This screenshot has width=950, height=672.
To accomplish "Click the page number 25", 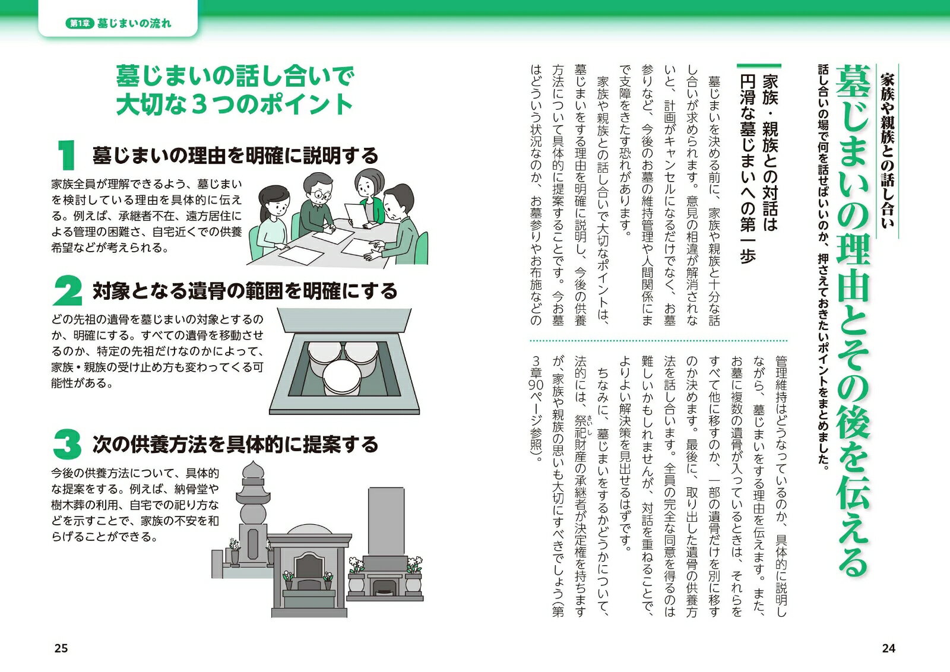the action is [x=61, y=648].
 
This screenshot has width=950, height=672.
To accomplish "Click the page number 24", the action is [x=888, y=648].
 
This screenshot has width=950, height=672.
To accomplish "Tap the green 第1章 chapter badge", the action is [x=80, y=23].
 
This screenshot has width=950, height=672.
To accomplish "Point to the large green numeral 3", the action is [x=68, y=444].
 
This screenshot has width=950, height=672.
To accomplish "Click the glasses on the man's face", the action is [x=321, y=195].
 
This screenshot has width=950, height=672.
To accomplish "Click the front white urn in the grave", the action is [x=342, y=378].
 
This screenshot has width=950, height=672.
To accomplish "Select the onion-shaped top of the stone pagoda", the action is [x=253, y=472].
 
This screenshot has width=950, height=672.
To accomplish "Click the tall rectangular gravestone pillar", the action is [x=386, y=521].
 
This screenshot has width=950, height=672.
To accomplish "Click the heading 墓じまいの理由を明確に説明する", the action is [x=235, y=156].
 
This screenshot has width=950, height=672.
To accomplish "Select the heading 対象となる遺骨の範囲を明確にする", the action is [x=245, y=291].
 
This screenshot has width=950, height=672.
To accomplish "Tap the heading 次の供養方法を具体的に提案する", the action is [x=235, y=444].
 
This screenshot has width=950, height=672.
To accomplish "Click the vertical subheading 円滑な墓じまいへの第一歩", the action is [x=748, y=170].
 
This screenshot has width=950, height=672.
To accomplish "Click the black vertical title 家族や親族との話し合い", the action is [x=887, y=151].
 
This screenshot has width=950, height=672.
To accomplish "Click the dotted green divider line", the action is [x=658, y=340].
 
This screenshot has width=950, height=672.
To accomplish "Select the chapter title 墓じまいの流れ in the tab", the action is [x=134, y=23].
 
